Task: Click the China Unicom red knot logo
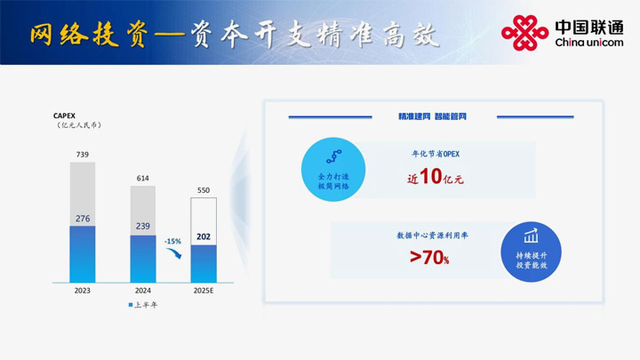coord(525,33)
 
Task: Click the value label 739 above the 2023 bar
coord(83,155)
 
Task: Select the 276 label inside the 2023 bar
coord(83,219)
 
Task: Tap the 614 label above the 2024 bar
coord(143,179)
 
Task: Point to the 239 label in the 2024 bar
coord(143,226)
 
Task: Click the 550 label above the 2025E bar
coord(204,190)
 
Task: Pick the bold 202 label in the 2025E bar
coord(204,236)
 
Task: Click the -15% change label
coord(172,241)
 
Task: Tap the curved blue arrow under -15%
coord(174,253)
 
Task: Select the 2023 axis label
coord(83,291)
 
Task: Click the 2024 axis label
coord(143,291)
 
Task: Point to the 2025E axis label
coord(204,291)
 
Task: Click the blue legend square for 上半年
coord(131,305)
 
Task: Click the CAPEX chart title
coord(64,116)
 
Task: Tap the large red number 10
coord(430,176)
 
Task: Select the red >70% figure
coord(429,257)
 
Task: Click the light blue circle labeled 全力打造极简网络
coord(333,170)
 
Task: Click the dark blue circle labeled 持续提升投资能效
coord(531,252)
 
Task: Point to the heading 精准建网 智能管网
coord(432,116)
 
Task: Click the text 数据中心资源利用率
coord(432,236)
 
